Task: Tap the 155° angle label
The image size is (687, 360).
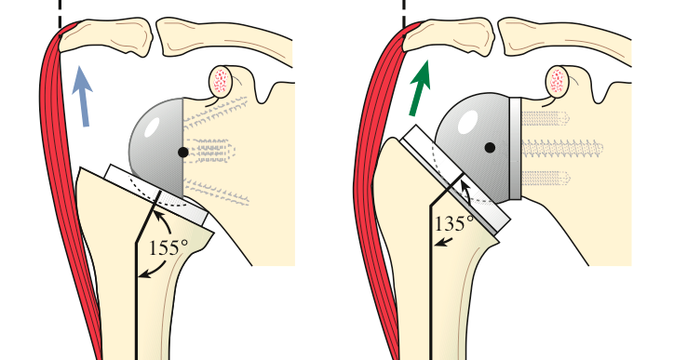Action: (167, 247)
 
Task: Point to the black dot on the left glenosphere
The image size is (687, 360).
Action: (182, 151)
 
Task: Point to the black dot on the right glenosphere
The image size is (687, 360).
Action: (489, 147)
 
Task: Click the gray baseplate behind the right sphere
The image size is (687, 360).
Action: (517, 149)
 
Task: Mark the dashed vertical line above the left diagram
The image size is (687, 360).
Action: (61, 11)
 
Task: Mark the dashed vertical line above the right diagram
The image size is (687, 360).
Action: (404, 11)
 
